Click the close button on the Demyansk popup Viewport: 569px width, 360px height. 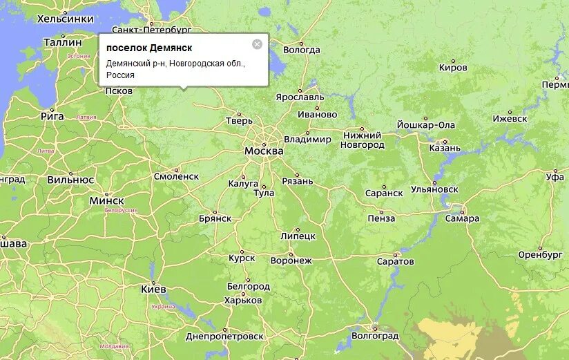pyautogui.click(x=257, y=44)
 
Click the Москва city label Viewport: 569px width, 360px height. pyautogui.click(x=264, y=151)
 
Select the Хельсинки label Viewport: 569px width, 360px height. pyautogui.click(x=65, y=19)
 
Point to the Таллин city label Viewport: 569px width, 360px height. pyautogui.click(x=62, y=42)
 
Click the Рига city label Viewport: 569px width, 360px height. pyautogui.click(x=52, y=116)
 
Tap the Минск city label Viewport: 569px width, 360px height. pyautogui.click(x=107, y=201)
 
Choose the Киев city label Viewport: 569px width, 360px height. pyautogui.click(x=153, y=289)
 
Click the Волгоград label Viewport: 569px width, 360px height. pyautogui.click(x=376, y=336)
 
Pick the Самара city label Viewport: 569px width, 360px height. pyautogui.click(x=462, y=218)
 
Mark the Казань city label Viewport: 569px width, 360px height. pyautogui.click(x=444, y=148)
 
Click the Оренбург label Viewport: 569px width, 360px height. pyautogui.click(x=541, y=255)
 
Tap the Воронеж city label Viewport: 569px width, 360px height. pyautogui.click(x=291, y=260)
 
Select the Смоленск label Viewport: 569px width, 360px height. pyautogui.click(x=176, y=176)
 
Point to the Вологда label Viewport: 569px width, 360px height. pyautogui.click(x=302, y=50)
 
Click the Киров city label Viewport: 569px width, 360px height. pyautogui.click(x=453, y=68)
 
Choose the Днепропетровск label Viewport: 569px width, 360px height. pyautogui.click(x=224, y=337)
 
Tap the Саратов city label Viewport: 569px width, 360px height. pyautogui.click(x=396, y=262)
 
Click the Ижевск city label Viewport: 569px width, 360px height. pyautogui.click(x=510, y=119)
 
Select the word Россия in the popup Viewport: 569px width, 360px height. pyautogui.click(x=121, y=75)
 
